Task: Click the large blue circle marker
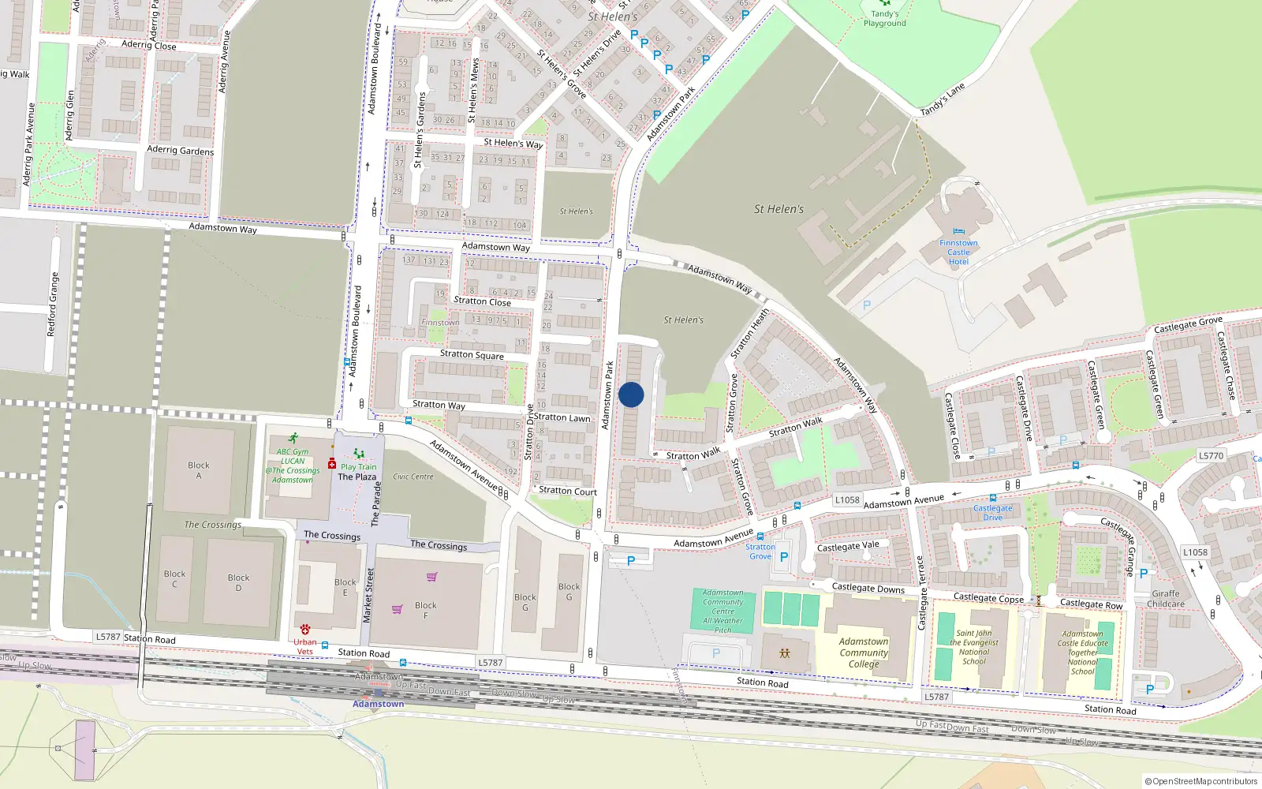[x=631, y=394]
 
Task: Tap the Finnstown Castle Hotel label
[x=958, y=252]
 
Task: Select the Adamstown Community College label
[x=864, y=653]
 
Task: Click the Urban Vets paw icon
[x=305, y=629]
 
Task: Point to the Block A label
[x=199, y=469]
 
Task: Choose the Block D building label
[x=238, y=582]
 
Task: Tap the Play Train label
[x=359, y=466]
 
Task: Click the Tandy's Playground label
[x=885, y=18]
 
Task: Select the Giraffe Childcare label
[x=1166, y=599]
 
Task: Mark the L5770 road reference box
[x=1211, y=455]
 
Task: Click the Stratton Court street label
[x=568, y=491]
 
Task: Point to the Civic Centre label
[x=413, y=477]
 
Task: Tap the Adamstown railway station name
[x=378, y=704]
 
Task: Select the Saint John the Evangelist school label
[x=974, y=647]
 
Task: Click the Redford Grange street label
[x=54, y=305]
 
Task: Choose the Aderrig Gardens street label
[x=180, y=150]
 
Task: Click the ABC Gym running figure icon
[x=293, y=438]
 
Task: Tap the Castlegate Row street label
[x=1092, y=604]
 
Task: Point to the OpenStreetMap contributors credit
[x=1200, y=782]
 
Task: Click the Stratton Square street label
[x=472, y=354]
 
